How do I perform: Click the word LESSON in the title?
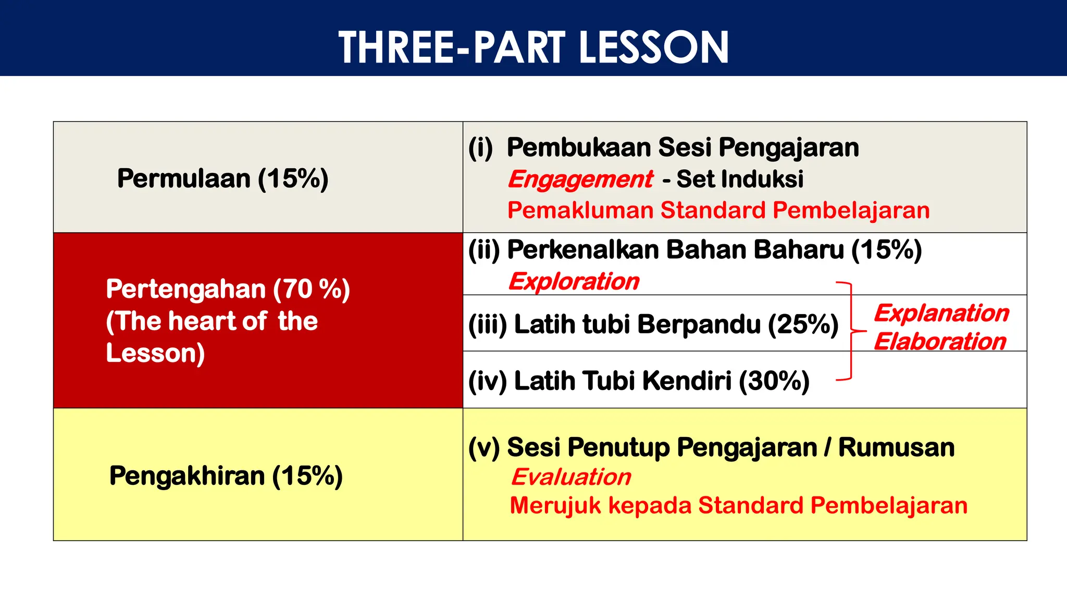[x=653, y=47]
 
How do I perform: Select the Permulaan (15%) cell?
[x=222, y=178]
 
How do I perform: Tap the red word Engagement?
[x=580, y=180]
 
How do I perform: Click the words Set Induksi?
[x=740, y=179]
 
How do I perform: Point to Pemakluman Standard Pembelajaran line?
[x=718, y=210]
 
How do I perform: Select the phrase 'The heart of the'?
[x=217, y=321]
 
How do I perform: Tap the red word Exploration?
[x=574, y=282]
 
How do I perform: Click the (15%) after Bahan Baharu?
[x=887, y=250]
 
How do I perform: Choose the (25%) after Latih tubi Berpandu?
[x=803, y=324]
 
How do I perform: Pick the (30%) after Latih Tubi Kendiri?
[x=774, y=381]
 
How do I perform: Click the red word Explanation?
[x=941, y=313]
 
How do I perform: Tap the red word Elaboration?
[x=940, y=342]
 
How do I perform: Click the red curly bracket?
[x=851, y=331]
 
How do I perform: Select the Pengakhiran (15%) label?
[x=226, y=476]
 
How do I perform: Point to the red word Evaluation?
[x=571, y=477]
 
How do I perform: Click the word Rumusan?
[x=896, y=447]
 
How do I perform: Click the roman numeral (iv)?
[x=487, y=381]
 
